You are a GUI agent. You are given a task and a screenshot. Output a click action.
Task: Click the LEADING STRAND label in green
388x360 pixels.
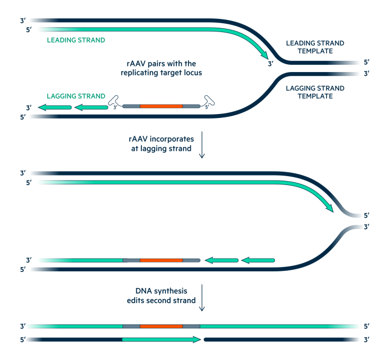click(76, 40)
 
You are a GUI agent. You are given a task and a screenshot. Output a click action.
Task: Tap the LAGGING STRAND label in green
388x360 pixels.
click(76, 96)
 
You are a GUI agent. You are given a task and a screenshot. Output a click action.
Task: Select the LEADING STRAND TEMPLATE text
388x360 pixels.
click(314, 47)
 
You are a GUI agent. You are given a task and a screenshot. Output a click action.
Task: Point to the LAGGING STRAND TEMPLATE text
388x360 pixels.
click(314, 92)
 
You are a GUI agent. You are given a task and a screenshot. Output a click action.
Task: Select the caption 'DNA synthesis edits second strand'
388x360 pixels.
click(161, 296)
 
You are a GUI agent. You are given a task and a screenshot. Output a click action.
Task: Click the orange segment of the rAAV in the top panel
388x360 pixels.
click(161, 106)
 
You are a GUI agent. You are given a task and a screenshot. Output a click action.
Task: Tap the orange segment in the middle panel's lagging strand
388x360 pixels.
click(161, 260)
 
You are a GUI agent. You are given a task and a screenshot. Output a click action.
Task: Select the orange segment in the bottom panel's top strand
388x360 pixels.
click(161, 326)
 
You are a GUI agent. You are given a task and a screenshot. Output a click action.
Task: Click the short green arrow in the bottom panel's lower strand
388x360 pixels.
click(161, 339)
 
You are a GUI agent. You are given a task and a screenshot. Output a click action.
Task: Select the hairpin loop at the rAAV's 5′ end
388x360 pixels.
click(208, 101)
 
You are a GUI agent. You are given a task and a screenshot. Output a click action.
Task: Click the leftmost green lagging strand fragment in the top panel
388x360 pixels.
click(54, 107)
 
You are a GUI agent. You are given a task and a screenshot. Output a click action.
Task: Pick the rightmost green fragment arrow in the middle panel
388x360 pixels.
click(258, 260)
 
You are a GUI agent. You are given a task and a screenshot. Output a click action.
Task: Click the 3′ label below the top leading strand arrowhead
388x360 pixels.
click(270, 64)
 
